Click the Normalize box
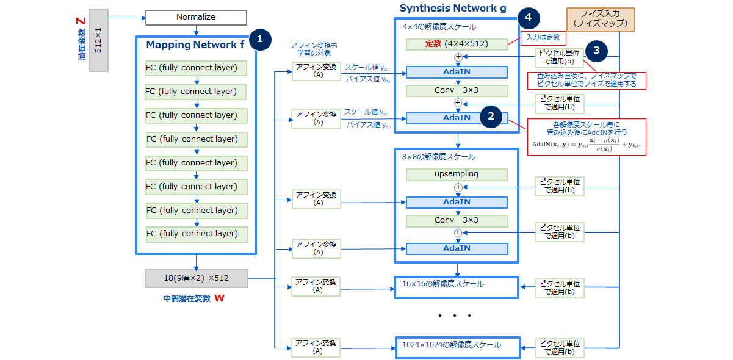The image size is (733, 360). tap(196, 17)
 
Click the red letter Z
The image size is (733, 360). tap(80, 21)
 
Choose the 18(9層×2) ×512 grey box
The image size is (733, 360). tap(196, 278)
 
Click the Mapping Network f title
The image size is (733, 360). tap(190, 45)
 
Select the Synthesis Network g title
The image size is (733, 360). tap(448, 9)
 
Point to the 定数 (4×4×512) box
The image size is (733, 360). tap(457, 44)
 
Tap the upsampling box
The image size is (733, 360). tap(457, 174)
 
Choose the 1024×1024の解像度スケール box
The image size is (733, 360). tap(457, 345)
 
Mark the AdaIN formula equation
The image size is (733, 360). tap(590, 146)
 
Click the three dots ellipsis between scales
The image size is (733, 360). tap(455, 315)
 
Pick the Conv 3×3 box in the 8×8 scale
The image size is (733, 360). tap(457, 220)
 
